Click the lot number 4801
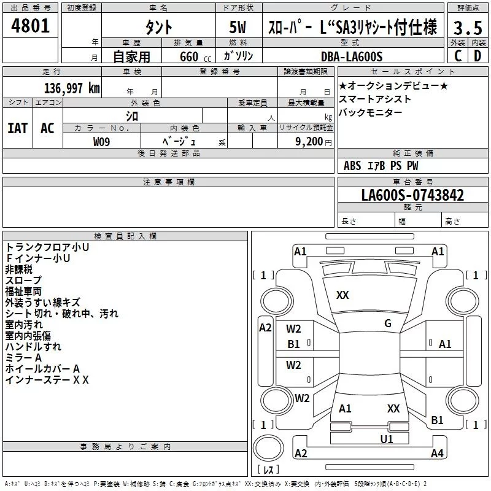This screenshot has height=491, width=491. (31, 26)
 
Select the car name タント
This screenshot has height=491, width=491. (158, 27)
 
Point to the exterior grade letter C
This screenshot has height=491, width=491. (457, 56)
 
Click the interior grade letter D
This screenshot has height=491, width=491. (477, 56)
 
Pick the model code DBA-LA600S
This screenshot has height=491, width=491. (351, 56)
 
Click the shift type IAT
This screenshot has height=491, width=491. (17, 128)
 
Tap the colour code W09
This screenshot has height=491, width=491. (102, 142)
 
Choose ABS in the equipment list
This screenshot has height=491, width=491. (352, 166)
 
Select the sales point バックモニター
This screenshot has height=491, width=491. (371, 112)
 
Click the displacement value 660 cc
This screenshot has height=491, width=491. (187, 56)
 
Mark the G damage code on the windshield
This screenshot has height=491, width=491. (387, 323)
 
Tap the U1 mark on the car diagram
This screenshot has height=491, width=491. (386, 439)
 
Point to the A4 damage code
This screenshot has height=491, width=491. (437, 454)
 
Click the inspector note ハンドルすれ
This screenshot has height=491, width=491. (33, 347)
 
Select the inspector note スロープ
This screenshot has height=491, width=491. (23, 280)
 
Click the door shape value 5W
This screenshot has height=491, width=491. (239, 27)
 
